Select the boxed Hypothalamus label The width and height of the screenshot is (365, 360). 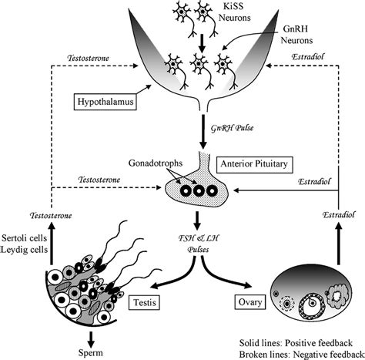[110, 101]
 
